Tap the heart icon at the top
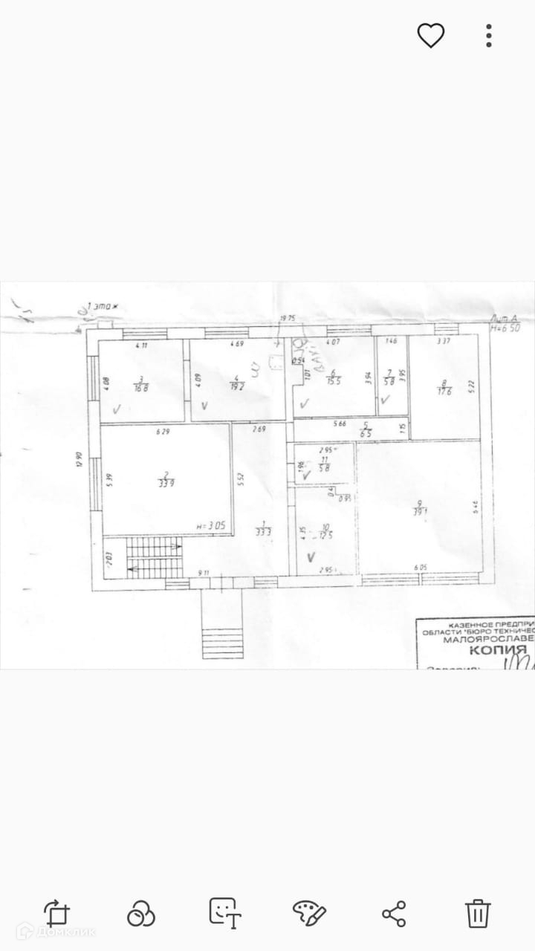coord(430,35)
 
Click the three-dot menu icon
coord(488,35)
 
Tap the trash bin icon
coord(478,912)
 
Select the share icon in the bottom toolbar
coord(393,912)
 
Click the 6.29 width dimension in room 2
coord(163,432)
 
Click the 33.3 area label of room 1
coord(262,530)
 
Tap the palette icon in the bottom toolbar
coord(308,912)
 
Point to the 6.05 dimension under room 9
coord(421,568)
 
